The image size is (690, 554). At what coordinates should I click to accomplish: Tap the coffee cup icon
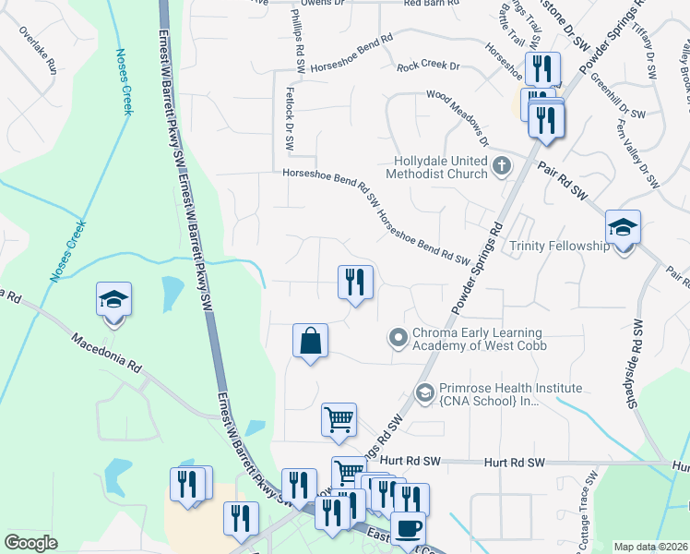(409, 528)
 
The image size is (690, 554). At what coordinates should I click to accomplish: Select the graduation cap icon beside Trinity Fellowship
(624, 227)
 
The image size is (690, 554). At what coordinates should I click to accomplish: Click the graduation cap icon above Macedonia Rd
(113, 300)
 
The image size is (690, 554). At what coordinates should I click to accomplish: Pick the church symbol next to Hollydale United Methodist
(502, 166)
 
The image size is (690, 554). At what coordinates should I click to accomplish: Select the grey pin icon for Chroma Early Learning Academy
(399, 339)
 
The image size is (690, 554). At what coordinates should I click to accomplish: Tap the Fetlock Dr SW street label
(289, 129)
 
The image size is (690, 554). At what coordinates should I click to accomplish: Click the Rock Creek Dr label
(428, 66)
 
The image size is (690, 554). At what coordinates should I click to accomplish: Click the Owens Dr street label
(294, 3)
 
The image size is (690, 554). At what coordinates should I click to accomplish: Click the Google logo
(31, 543)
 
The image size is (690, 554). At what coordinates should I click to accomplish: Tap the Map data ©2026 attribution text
(650, 547)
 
